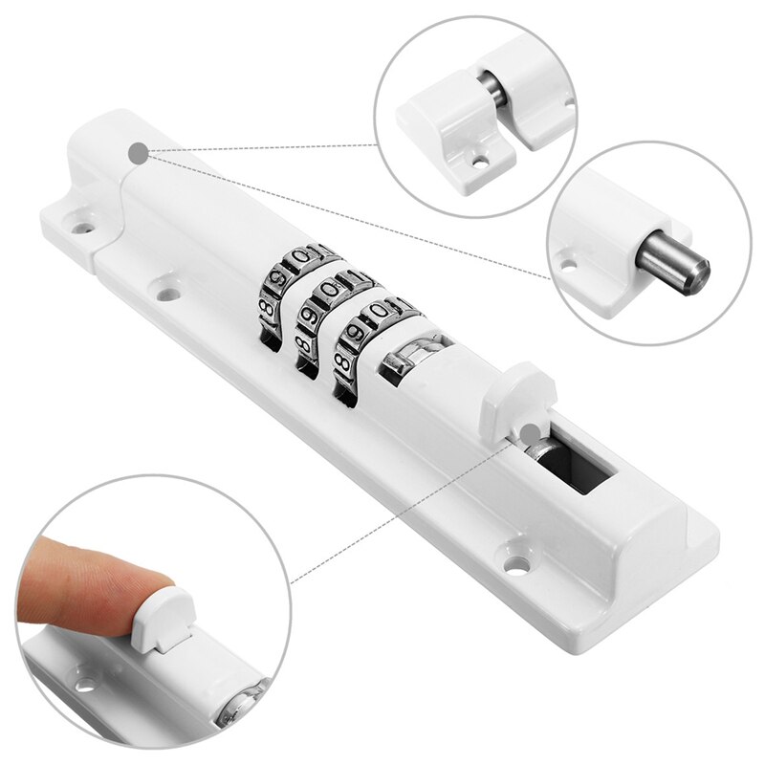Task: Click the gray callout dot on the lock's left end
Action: click(x=140, y=151)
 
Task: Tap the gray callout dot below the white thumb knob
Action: click(x=531, y=434)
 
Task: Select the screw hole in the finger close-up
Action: click(x=87, y=685)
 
